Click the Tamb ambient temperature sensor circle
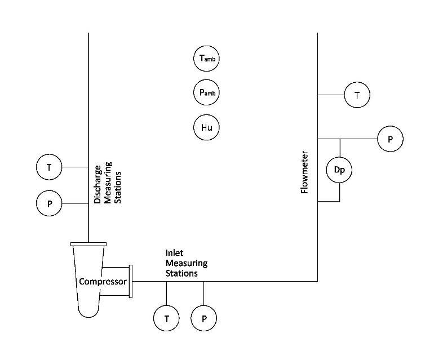[206, 59]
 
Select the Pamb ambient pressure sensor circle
[206, 93]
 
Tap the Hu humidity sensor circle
[206, 127]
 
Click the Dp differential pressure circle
[339, 170]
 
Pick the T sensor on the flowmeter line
[357, 95]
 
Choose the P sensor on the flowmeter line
[390, 139]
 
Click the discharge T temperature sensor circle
[49, 167]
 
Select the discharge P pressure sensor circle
[49, 203]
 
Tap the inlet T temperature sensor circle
[166, 318]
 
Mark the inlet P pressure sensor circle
[203, 318]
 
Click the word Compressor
[102, 281]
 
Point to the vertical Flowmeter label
[305, 172]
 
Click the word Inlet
[175, 254]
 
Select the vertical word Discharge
[98, 184]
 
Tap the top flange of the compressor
[88, 244]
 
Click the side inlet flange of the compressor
[130, 281]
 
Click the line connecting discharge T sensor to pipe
[75, 167]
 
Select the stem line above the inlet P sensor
[203, 293]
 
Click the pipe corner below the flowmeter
[318, 281]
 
